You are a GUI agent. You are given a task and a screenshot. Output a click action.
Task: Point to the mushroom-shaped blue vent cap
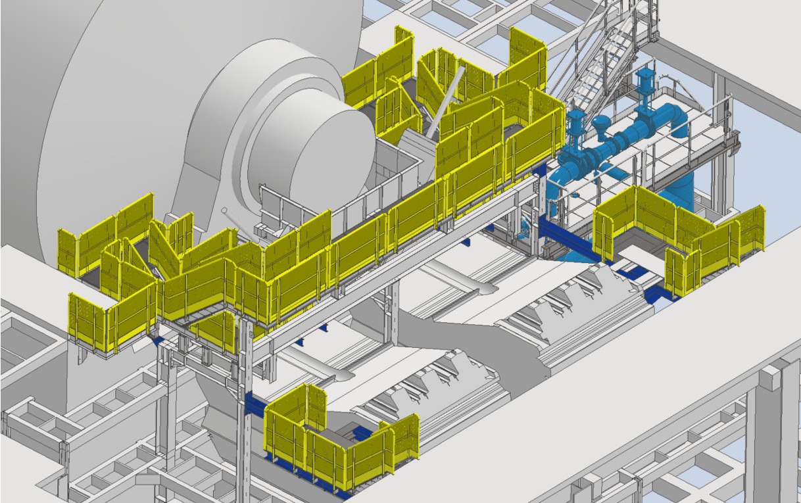pyautogui.click(x=601, y=124)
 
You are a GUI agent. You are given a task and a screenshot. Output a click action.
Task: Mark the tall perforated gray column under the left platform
pyautogui.click(x=244, y=395)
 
